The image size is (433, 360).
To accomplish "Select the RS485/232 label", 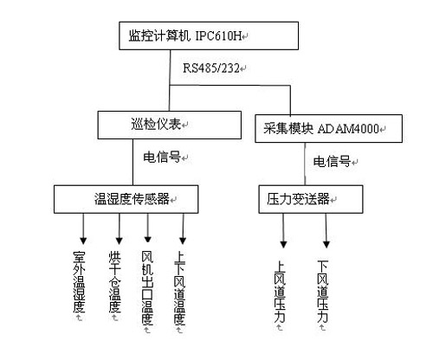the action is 211,68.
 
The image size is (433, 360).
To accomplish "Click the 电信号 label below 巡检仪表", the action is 162,157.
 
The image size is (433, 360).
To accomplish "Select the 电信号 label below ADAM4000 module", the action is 332,161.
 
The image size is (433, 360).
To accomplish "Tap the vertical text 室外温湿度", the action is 79,282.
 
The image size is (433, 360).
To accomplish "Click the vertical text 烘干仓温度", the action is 114,282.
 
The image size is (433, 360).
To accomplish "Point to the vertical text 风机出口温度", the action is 147,288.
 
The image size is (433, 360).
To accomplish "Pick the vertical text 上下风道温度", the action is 179,288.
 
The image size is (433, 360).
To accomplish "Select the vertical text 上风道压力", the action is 280,292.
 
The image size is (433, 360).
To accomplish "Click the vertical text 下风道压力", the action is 323,292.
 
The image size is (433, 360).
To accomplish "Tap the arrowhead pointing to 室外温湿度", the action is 83,241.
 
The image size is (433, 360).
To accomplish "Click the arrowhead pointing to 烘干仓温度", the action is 120,241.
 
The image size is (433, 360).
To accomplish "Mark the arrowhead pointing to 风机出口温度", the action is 148,240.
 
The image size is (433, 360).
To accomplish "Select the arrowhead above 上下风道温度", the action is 183,241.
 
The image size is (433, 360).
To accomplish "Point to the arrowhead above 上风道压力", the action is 283,245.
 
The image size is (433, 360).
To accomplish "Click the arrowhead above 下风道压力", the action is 326,245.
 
